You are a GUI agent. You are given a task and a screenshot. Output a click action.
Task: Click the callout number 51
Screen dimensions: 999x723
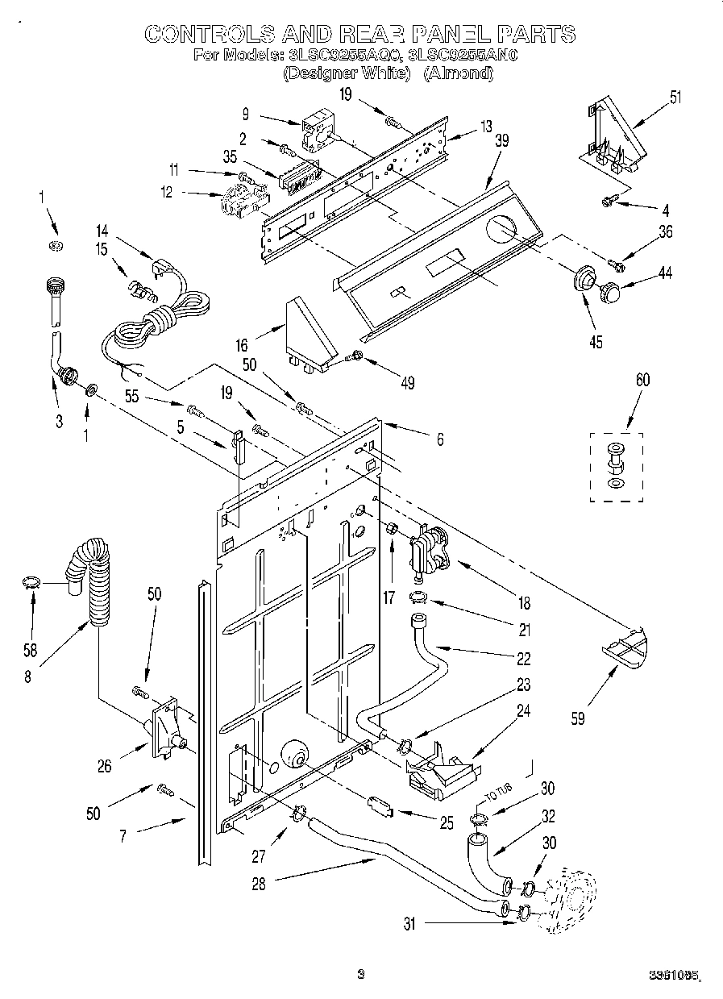pos(675,98)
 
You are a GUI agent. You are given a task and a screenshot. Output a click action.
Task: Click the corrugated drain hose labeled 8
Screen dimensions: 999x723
pos(95,581)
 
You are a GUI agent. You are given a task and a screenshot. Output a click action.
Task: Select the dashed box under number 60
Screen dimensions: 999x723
pos(616,467)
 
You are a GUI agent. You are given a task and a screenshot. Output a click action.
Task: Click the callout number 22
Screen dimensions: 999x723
pos(524,659)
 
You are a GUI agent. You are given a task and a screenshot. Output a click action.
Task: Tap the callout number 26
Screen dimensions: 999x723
pos(105,766)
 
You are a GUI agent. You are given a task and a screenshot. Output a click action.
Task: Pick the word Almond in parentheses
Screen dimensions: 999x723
pos(458,73)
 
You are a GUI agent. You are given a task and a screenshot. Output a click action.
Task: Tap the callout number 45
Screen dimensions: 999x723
pos(596,341)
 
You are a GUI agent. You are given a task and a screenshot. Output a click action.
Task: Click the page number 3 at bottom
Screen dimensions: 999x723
pos(361,975)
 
